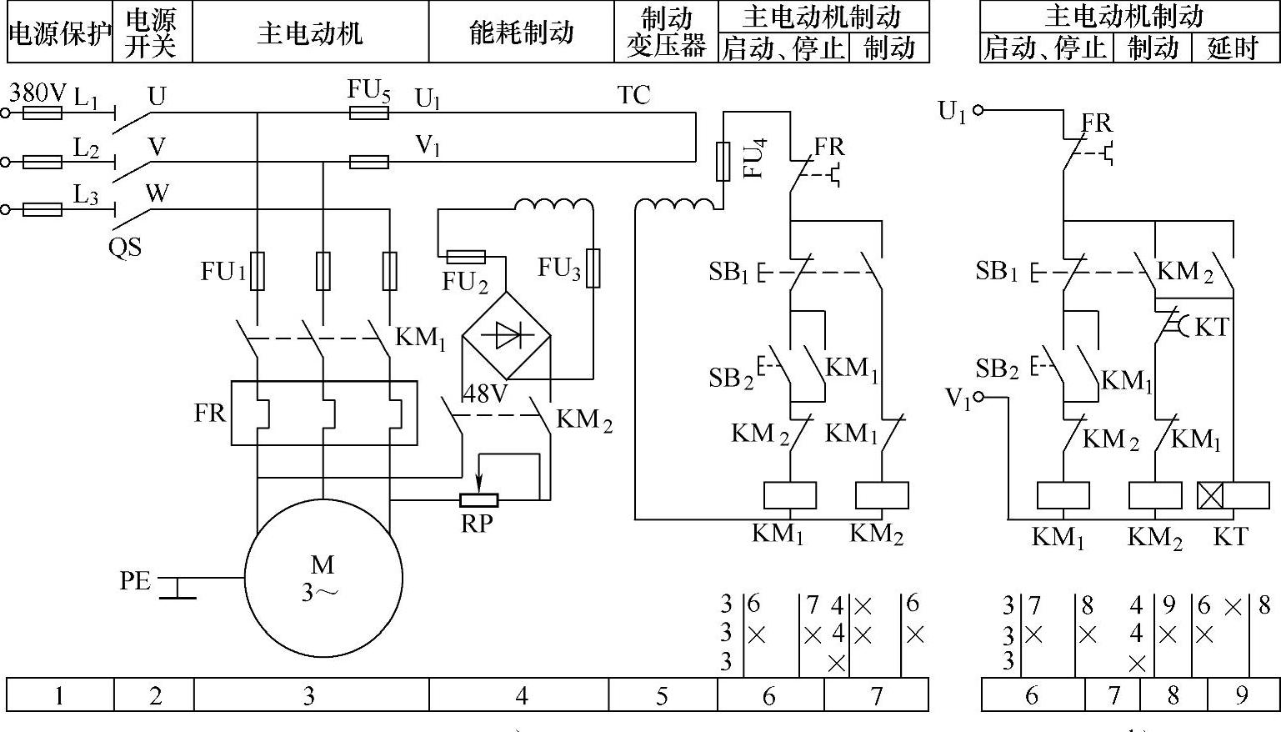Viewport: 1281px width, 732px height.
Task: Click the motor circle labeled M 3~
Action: pyautogui.click(x=323, y=579)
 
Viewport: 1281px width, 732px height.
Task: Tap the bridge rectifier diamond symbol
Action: pyautogui.click(x=507, y=335)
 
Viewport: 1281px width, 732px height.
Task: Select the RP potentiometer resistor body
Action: pyautogui.click(x=479, y=500)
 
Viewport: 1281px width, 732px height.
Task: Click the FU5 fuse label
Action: pyautogui.click(x=368, y=91)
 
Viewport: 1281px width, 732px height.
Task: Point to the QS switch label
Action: pyautogui.click(x=125, y=248)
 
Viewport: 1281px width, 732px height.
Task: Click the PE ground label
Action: pyautogui.click(x=135, y=580)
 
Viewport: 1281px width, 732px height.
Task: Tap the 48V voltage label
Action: pyautogui.click(x=485, y=393)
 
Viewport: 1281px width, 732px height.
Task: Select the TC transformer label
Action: pyautogui.click(x=633, y=96)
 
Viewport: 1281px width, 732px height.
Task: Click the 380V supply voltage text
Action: pyautogui.click(x=37, y=93)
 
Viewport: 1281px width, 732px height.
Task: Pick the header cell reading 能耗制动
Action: pyautogui.click(x=521, y=33)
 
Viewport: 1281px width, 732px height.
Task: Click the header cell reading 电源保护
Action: pyautogui.click(x=60, y=33)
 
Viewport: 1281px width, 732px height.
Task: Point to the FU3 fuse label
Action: pyautogui.click(x=558, y=268)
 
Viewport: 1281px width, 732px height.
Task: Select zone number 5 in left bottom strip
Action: pyautogui.click(x=662, y=695)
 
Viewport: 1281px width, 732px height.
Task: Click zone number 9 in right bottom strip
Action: pyautogui.click(x=1242, y=695)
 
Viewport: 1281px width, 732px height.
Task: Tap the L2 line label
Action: pyautogui.click(x=86, y=148)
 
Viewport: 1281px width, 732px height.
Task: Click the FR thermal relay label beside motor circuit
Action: pyautogui.click(x=210, y=413)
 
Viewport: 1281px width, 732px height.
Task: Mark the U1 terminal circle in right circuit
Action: pyautogui.click(x=978, y=109)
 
